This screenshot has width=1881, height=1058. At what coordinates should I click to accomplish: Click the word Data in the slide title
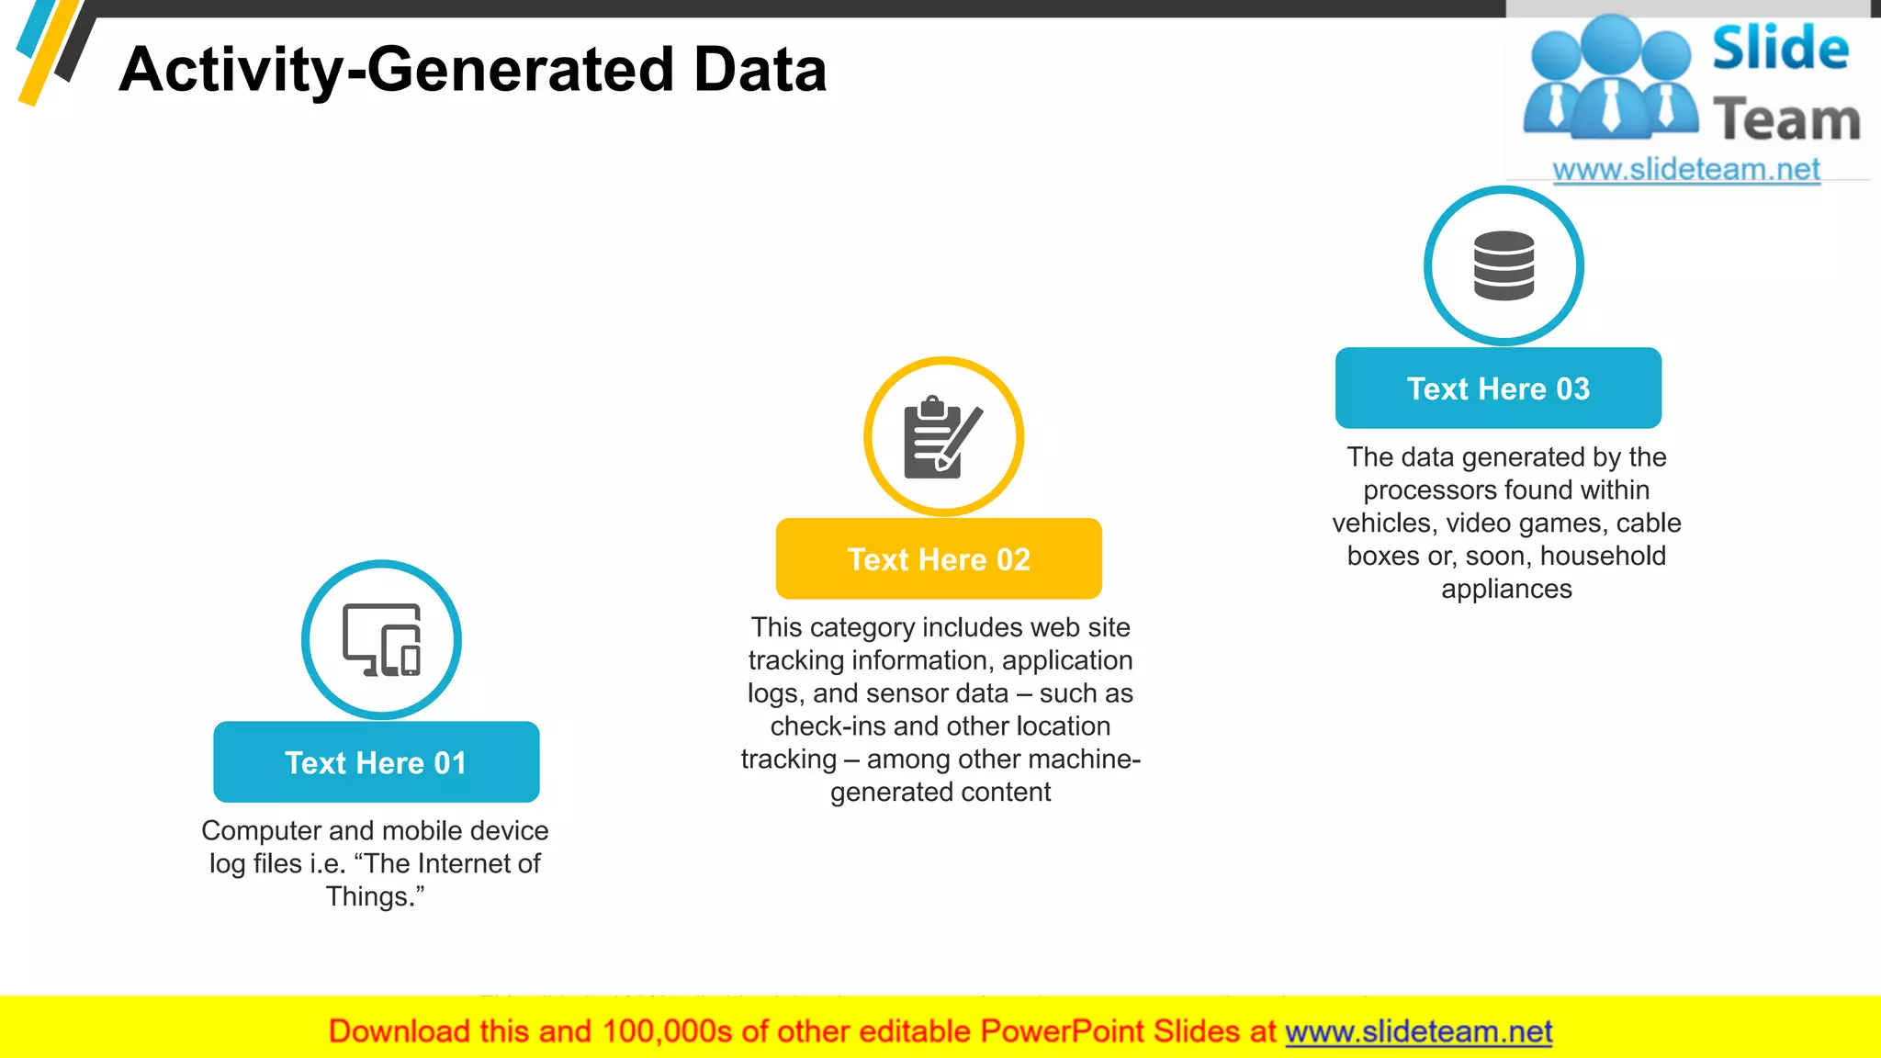760,70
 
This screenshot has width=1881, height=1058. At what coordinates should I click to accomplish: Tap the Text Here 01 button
376,762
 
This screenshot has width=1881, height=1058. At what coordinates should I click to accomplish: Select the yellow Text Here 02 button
939,559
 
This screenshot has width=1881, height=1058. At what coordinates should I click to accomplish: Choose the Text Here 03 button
1498,388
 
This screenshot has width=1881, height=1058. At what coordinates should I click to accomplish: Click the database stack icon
1504,265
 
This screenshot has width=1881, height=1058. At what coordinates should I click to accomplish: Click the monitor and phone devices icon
382,640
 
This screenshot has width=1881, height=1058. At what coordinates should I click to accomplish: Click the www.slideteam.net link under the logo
1686,169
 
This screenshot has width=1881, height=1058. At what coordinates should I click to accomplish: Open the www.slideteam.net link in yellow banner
1418,1031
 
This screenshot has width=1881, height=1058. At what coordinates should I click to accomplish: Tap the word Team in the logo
1786,120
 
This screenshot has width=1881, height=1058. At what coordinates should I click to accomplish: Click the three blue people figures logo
1611,78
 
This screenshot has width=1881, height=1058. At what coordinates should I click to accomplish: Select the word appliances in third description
1506,589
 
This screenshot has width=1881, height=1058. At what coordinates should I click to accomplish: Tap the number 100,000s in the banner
667,1031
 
